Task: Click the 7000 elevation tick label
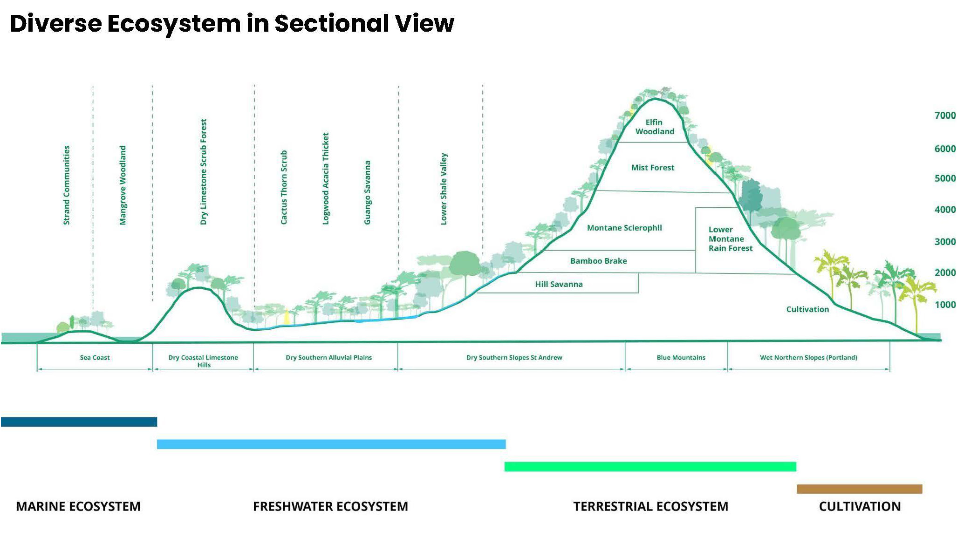pyautogui.click(x=944, y=116)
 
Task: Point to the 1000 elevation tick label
pyautogui.click(x=944, y=305)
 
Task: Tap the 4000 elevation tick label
pyautogui.click(x=944, y=210)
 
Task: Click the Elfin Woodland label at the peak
pyautogui.click(x=654, y=127)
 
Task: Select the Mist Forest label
pyautogui.click(x=652, y=168)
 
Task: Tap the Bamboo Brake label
pyautogui.click(x=598, y=261)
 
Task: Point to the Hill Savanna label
pyautogui.click(x=559, y=284)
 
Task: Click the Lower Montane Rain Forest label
pyautogui.click(x=730, y=239)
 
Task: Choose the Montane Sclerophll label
pyautogui.click(x=624, y=228)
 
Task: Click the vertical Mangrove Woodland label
pyautogui.click(x=123, y=185)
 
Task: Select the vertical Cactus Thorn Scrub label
pyautogui.click(x=284, y=187)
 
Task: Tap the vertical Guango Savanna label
pyautogui.click(x=367, y=192)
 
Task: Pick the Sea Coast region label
pyautogui.click(x=95, y=358)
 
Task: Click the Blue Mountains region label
pyautogui.click(x=681, y=358)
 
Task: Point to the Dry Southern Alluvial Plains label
pyautogui.click(x=328, y=358)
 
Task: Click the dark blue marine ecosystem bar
pyautogui.click(x=79, y=422)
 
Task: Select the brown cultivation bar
pyautogui.click(x=859, y=489)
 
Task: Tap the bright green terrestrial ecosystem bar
pyautogui.click(x=650, y=467)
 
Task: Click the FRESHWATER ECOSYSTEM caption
pyautogui.click(x=330, y=506)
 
